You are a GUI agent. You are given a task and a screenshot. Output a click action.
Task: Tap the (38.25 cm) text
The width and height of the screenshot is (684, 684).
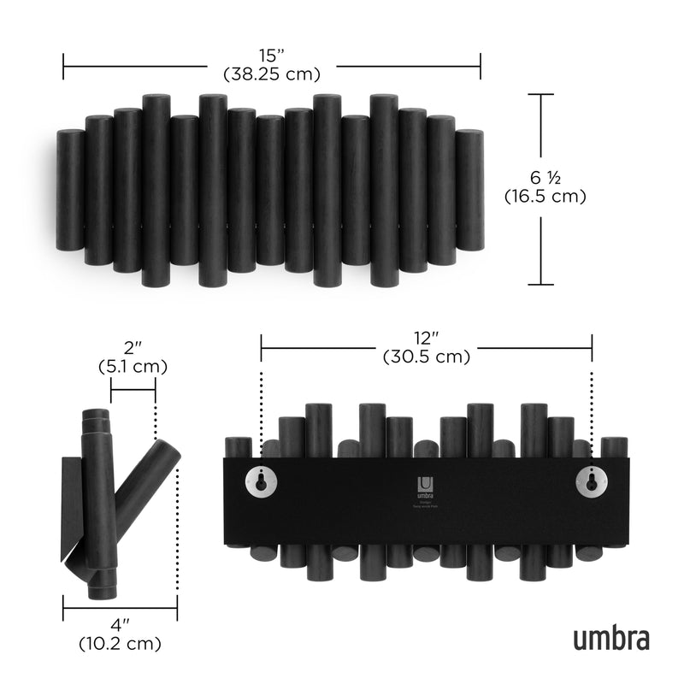point(272,74)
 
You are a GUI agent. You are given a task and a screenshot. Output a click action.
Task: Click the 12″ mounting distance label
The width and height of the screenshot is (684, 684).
point(427,339)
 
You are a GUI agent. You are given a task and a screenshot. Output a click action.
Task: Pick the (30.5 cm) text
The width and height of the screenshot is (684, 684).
point(427,357)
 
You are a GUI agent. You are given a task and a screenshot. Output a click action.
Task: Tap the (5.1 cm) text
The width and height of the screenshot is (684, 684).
point(133,366)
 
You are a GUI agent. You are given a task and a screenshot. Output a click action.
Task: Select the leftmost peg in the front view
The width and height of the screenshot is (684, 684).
point(70,190)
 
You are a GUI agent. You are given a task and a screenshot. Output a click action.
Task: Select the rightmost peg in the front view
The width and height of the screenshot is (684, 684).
point(469,190)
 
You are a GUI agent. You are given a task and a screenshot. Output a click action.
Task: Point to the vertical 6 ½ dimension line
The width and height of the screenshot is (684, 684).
point(540,190)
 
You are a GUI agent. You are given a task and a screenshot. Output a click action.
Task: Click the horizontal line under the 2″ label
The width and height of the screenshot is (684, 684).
point(133,390)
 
